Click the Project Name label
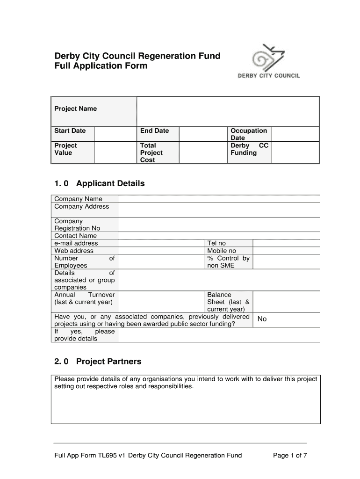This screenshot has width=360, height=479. click(x=75, y=109)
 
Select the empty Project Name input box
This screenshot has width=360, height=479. click(x=228, y=111)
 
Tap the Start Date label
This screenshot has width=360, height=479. click(x=70, y=131)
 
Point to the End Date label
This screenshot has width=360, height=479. click(x=154, y=131)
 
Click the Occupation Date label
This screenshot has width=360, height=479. click(x=249, y=134)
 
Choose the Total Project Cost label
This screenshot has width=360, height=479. click(x=151, y=152)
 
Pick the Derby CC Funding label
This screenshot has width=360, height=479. click(x=249, y=149)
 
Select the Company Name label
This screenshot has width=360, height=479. click(x=78, y=199)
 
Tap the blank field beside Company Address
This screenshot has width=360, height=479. click(x=219, y=210)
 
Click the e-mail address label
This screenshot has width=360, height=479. click(x=76, y=243)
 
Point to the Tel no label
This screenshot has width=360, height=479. click(x=216, y=243)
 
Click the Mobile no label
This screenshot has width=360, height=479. click(x=222, y=251)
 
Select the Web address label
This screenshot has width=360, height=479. click(x=74, y=251)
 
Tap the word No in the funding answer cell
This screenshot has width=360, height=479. click(x=262, y=319)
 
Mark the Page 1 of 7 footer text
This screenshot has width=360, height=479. click(x=290, y=455)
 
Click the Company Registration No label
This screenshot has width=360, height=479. click(x=77, y=225)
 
